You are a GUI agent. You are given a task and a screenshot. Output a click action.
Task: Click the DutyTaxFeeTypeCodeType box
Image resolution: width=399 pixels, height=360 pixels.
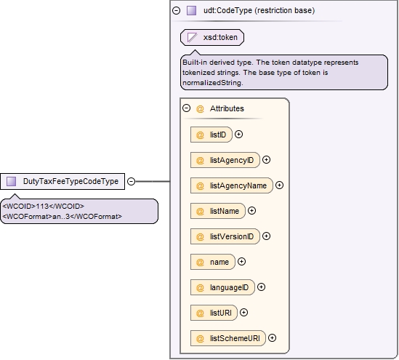[x=63, y=181]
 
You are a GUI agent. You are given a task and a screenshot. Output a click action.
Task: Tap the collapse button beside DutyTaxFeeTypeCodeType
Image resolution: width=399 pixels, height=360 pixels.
[x=131, y=181]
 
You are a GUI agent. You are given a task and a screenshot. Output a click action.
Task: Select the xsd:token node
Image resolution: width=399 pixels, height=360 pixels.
[x=212, y=37]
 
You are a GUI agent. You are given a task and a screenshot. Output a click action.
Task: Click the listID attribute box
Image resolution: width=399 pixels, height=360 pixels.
[x=211, y=135]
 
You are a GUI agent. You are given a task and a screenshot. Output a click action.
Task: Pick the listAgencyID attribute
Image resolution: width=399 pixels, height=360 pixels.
[x=225, y=160]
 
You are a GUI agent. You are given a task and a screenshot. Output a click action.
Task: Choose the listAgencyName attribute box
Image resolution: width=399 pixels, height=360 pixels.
[x=232, y=185]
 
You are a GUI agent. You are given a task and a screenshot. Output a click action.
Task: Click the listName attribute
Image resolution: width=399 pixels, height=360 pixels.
[x=218, y=211]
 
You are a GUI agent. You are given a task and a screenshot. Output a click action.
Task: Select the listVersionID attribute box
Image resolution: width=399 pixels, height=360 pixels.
[x=225, y=236]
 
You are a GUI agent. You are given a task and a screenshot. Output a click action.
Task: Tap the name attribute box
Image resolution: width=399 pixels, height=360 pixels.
[x=213, y=262]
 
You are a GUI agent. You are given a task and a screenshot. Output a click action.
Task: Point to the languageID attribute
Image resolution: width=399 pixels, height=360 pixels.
[x=222, y=287]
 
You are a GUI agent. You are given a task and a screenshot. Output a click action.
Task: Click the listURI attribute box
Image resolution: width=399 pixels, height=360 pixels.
[x=214, y=313]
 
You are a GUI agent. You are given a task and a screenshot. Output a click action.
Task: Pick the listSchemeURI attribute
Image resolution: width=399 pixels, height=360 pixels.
[x=228, y=338]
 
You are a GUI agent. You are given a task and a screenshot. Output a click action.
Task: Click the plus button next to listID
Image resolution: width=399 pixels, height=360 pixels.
[x=238, y=134]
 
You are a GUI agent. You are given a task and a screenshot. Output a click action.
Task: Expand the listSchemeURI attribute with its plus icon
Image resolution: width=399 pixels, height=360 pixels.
[x=272, y=338]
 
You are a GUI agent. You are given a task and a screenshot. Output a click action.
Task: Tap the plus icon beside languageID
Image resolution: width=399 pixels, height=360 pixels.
[x=261, y=287]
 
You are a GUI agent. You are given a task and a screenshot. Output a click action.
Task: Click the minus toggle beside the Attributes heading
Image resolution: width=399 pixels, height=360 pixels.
[x=187, y=108]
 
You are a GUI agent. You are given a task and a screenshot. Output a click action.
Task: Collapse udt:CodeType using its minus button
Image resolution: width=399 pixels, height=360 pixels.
[x=176, y=10]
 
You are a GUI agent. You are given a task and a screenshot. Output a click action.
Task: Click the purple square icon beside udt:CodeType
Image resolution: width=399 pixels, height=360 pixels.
[x=191, y=10]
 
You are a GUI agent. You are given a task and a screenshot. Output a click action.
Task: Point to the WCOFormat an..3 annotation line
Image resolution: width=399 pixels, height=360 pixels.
[x=63, y=217]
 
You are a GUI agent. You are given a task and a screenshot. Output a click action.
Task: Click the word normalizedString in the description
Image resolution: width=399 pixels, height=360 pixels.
[x=213, y=83]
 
